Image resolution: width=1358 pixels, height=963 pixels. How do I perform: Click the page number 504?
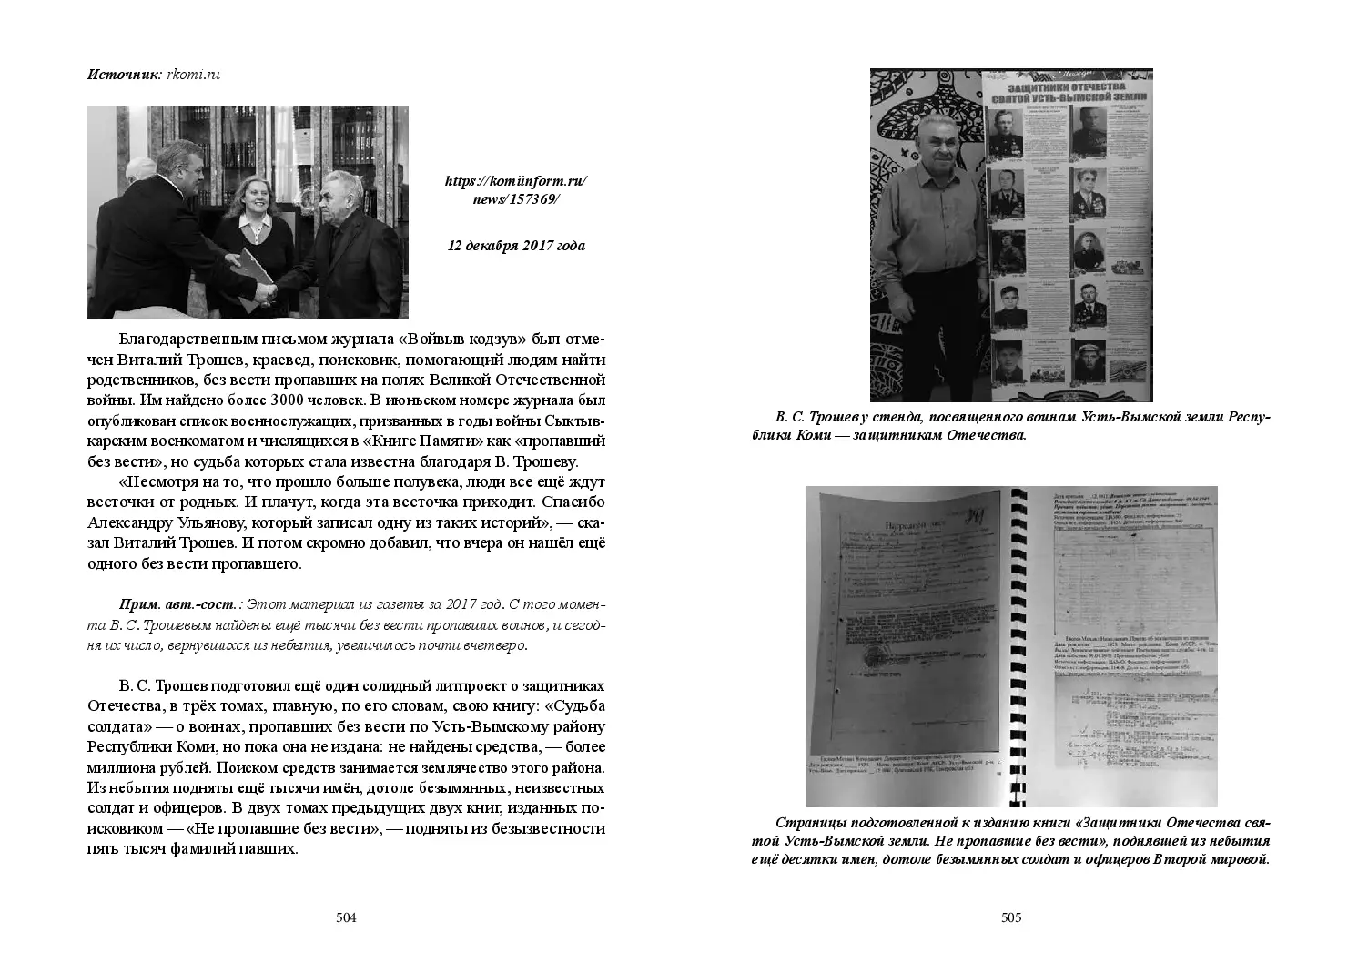coord(345,917)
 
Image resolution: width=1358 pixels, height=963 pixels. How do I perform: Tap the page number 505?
coord(1011,917)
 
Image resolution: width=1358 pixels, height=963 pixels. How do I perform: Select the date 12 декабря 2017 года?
coord(516,246)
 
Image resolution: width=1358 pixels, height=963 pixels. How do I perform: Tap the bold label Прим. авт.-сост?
coord(181,604)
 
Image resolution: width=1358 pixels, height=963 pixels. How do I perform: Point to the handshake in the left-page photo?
coord(265,290)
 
